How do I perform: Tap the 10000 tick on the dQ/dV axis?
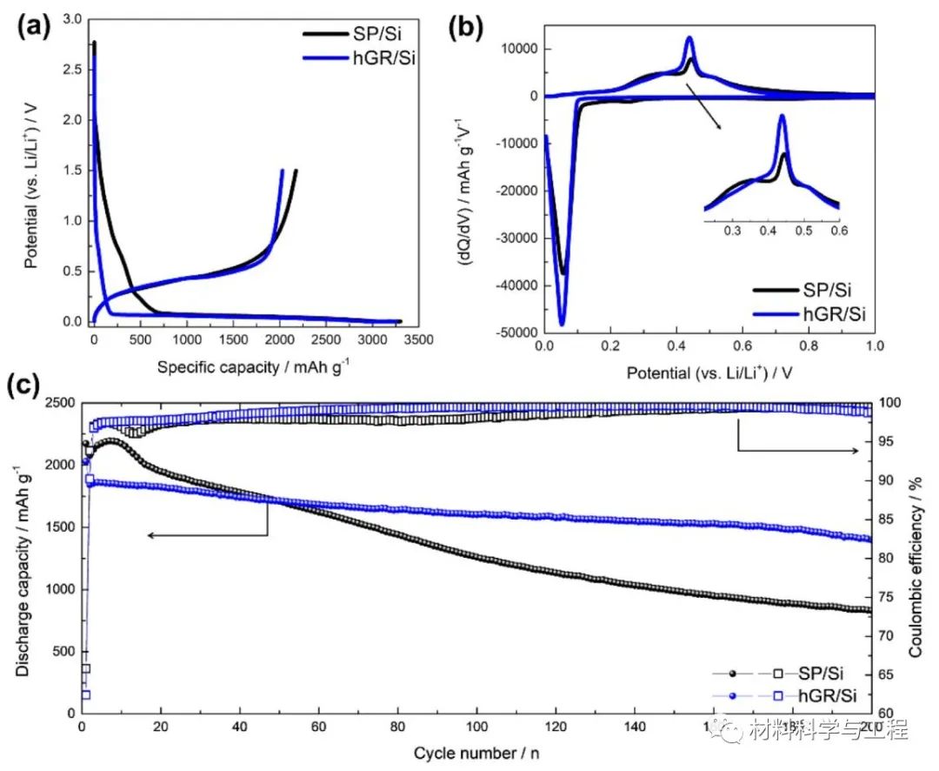coord(518,50)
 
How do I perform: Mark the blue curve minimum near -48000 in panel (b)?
coord(562,324)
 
